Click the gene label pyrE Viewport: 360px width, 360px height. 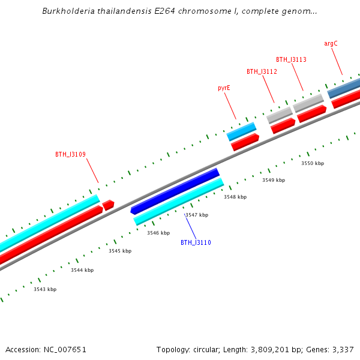[224, 88]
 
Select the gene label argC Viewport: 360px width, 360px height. [331, 44]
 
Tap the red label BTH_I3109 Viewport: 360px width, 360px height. [70, 154]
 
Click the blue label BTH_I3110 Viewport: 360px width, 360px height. [196, 242]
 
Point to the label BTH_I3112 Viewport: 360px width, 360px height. [262, 71]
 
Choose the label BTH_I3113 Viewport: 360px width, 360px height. [291, 59]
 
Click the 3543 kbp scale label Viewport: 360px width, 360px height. [45, 289]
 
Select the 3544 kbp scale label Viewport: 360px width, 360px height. [82, 270]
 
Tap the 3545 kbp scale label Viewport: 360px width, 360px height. [120, 251]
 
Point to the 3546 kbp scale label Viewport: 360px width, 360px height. [158, 233]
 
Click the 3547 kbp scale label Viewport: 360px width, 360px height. [197, 215]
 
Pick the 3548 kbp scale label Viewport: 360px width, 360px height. [235, 197]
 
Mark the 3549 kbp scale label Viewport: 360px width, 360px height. [274, 180]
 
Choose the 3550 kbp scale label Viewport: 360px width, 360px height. [313, 163]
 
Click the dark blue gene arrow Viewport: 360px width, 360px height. [175, 191]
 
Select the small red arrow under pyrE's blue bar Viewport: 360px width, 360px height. [245, 142]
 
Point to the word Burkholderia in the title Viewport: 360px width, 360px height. [65, 11]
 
